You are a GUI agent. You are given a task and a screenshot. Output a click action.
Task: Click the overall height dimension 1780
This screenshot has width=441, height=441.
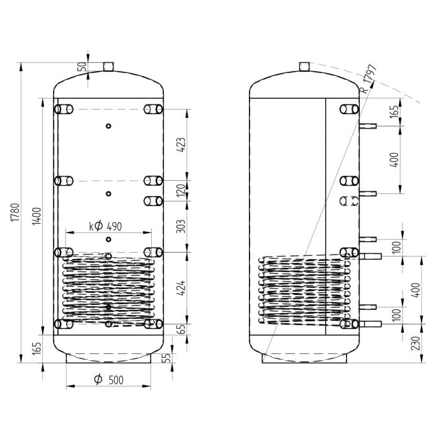[16, 214]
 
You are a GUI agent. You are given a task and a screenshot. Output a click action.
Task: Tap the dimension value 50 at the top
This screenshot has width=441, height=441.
[81, 67]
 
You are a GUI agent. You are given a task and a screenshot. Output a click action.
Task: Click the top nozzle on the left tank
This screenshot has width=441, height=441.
[108, 66]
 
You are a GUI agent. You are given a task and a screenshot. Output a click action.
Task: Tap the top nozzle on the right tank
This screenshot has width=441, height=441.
[304, 66]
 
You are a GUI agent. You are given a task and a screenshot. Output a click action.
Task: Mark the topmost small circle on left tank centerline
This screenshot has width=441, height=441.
[108, 126]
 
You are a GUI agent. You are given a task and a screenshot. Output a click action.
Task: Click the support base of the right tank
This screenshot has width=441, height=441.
[304, 358]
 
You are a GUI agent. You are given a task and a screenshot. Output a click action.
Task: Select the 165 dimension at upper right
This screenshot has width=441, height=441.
[394, 112]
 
